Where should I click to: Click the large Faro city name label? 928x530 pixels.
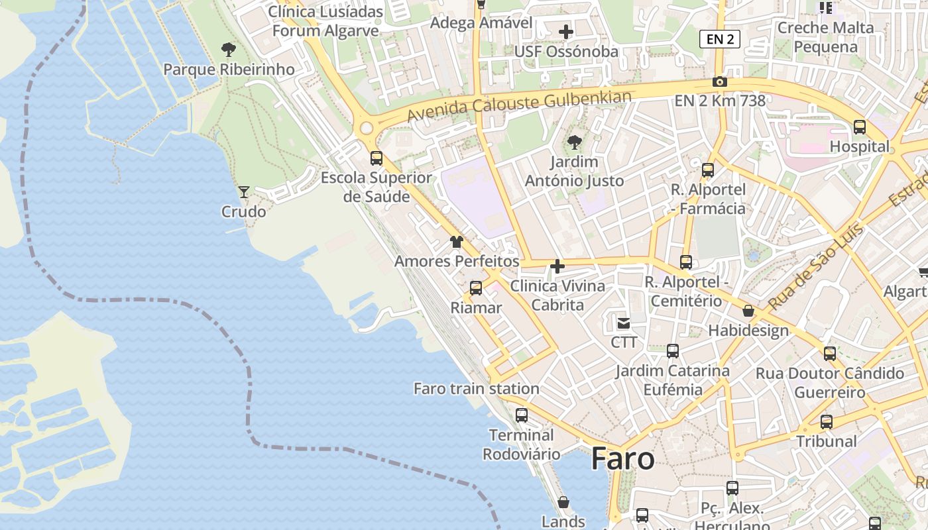pyautogui.click(x=622, y=458)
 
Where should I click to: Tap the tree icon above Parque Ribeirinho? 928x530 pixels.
pyautogui.click(x=228, y=50)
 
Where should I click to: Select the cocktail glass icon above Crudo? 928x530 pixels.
pyautogui.click(x=244, y=192)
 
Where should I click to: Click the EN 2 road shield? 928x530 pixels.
pyautogui.click(x=720, y=39)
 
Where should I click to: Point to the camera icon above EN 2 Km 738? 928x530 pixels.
pyautogui.click(x=720, y=82)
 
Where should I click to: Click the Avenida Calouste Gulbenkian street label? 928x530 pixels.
pyautogui.click(x=519, y=106)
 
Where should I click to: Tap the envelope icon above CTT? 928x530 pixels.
pyautogui.click(x=624, y=323)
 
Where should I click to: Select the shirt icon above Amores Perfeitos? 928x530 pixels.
pyautogui.click(x=456, y=242)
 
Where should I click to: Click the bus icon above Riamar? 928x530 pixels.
pyautogui.click(x=476, y=288)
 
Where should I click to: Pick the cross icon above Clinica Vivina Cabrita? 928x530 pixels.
pyautogui.click(x=557, y=266)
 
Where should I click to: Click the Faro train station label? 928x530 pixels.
pyautogui.click(x=476, y=389)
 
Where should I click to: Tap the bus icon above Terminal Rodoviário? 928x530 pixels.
pyautogui.click(x=522, y=415)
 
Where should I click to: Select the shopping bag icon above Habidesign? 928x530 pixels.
pyautogui.click(x=748, y=311)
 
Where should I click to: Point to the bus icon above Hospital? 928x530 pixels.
pyautogui.click(x=860, y=127)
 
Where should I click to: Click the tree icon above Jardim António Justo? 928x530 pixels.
pyautogui.click(x=575, y=142)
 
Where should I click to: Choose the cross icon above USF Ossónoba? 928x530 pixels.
pyautogui.click(x=565, y=32)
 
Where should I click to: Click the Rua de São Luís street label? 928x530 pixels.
pyautogui.click(x=817, y=268)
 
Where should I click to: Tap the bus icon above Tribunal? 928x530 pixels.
pyautogui.click(x=827, y=422)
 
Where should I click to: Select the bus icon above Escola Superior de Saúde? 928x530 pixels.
pyautogui.click(x=377, y=158)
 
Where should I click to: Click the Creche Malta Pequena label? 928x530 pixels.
pyautogui.click(x=825, y=37)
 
